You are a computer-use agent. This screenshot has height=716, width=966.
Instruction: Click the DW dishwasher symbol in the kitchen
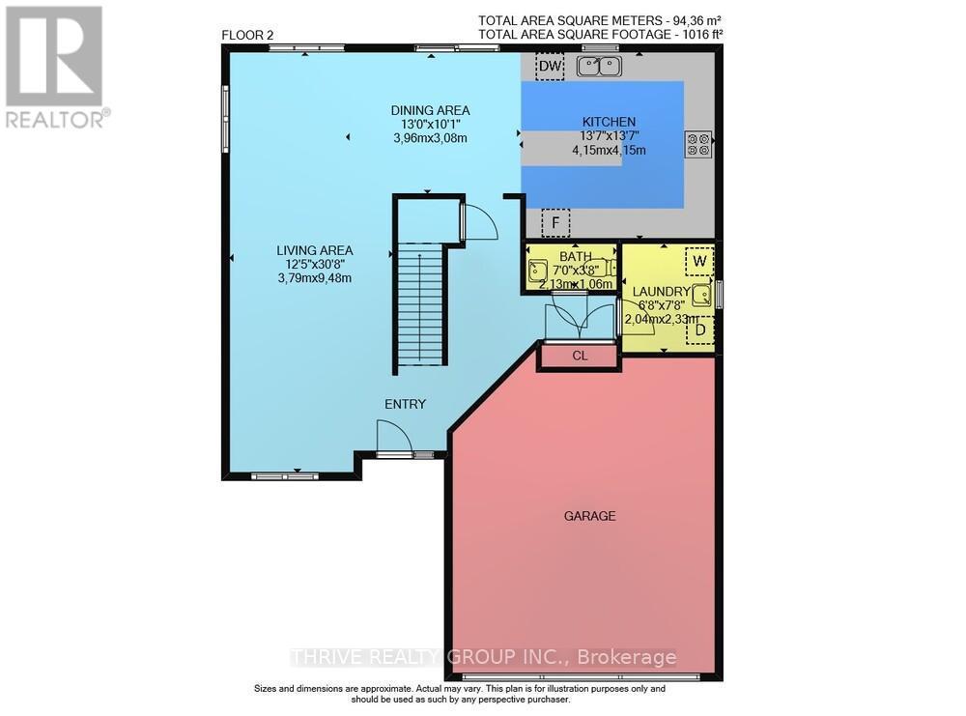click(550, 66)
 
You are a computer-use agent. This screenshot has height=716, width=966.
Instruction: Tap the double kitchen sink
click(599, 66)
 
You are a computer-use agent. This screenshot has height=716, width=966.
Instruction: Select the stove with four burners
click(698, 144)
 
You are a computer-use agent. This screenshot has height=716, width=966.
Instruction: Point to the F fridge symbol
click(555, 223)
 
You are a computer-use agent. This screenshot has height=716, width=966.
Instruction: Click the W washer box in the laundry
click(699, 261)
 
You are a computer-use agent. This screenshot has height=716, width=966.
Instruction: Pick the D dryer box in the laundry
click(699, 330)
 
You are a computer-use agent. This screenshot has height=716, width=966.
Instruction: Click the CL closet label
click(580, 356)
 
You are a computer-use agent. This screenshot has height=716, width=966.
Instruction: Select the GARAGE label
click(589, 516)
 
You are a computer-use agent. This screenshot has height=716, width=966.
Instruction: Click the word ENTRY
click(405, 404)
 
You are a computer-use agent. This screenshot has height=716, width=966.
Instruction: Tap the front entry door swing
click(395, 441)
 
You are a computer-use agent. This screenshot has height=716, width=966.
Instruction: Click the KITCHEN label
click(608, 122)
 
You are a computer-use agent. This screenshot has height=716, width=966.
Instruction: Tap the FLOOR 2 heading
click(247, 36)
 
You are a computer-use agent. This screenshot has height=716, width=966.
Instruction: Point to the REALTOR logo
click(54, 68)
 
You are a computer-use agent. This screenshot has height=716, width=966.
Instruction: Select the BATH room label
click(574, 257)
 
